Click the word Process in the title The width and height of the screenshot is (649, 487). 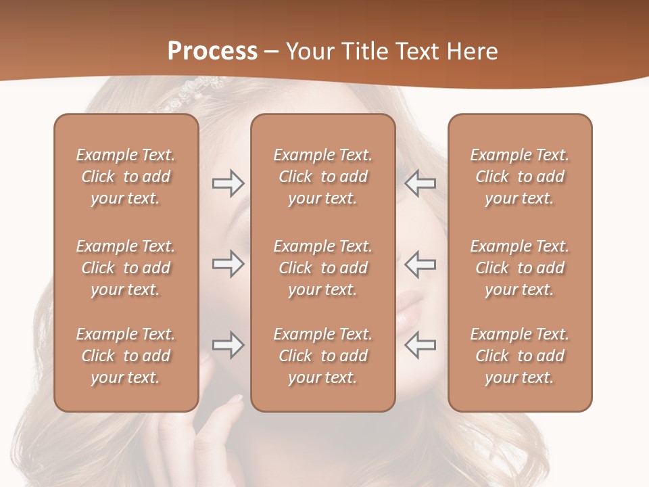(x=212, y=51)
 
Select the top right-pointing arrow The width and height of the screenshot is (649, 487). (x=228, y=183)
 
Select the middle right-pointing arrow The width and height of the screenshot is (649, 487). (x=228, y=264)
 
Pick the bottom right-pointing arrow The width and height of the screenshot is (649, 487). (x=228, y=345)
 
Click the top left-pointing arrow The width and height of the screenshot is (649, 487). (x=420, y=183)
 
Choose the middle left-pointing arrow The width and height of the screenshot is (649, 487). (x=420, y=264)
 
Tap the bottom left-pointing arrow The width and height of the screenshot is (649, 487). (x=420, y=345)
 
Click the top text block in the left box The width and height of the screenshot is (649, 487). (x=126, y=177)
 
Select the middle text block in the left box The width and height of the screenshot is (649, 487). (x=126, y=268)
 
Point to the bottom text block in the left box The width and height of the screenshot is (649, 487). (x=126, y=356)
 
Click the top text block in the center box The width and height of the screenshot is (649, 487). (x=322, y=177)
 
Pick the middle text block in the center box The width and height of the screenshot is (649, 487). (x=322, y=268)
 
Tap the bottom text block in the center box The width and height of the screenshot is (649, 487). (x=322, y=356)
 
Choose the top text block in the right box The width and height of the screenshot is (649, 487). (x=519, y=177)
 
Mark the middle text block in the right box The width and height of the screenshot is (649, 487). (x=519, y=268)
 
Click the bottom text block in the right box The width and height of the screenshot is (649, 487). (x=519, y=356)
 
